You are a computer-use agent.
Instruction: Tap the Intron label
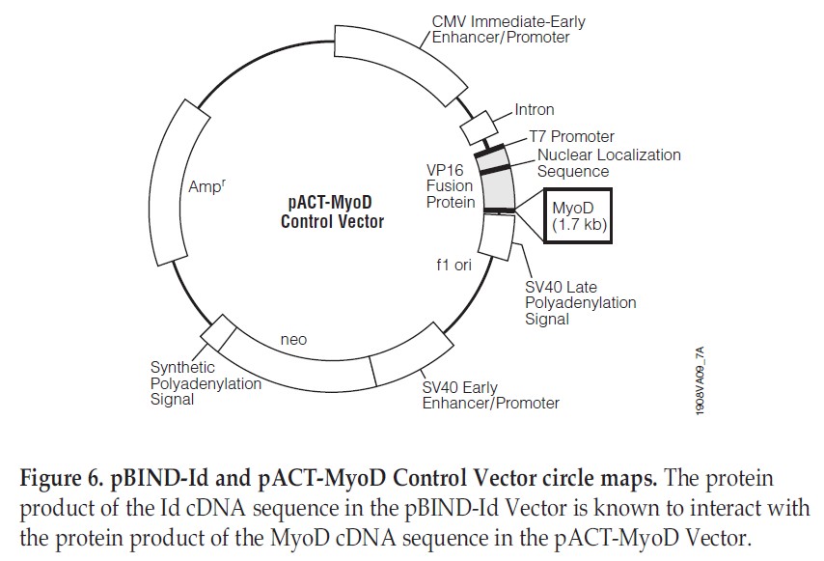coord(534,110)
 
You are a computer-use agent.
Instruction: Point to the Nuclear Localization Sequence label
coord(608,163)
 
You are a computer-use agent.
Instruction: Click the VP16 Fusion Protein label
coord(452,185)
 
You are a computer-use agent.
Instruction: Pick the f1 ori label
coord(450,264)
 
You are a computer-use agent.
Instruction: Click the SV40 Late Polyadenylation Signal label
coord(580,302)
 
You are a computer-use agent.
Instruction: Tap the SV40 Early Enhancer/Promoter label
coord(490,395)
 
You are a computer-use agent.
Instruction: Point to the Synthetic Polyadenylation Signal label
coord(206,383)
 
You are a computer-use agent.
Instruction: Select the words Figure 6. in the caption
coord(57,480)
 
